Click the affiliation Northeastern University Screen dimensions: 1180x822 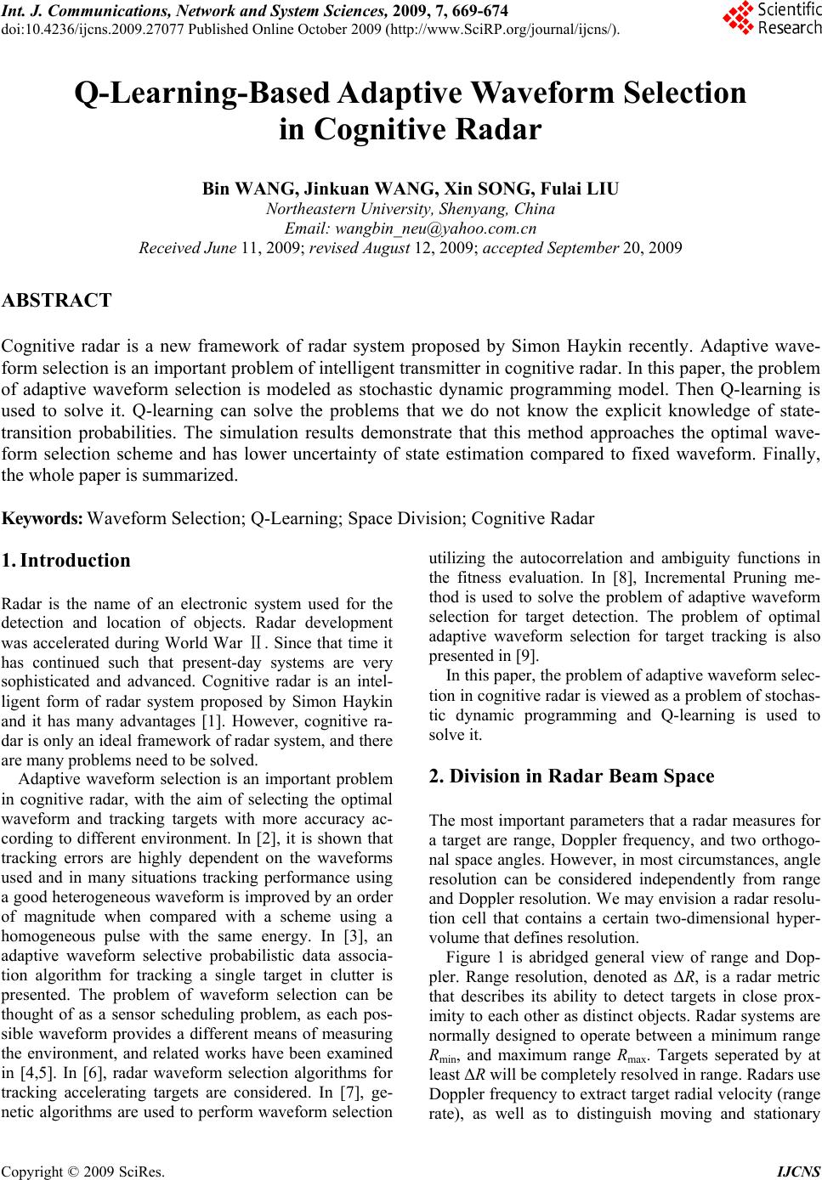click(x=349, y=209)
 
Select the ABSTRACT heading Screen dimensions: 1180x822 click(x=56, y=301)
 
